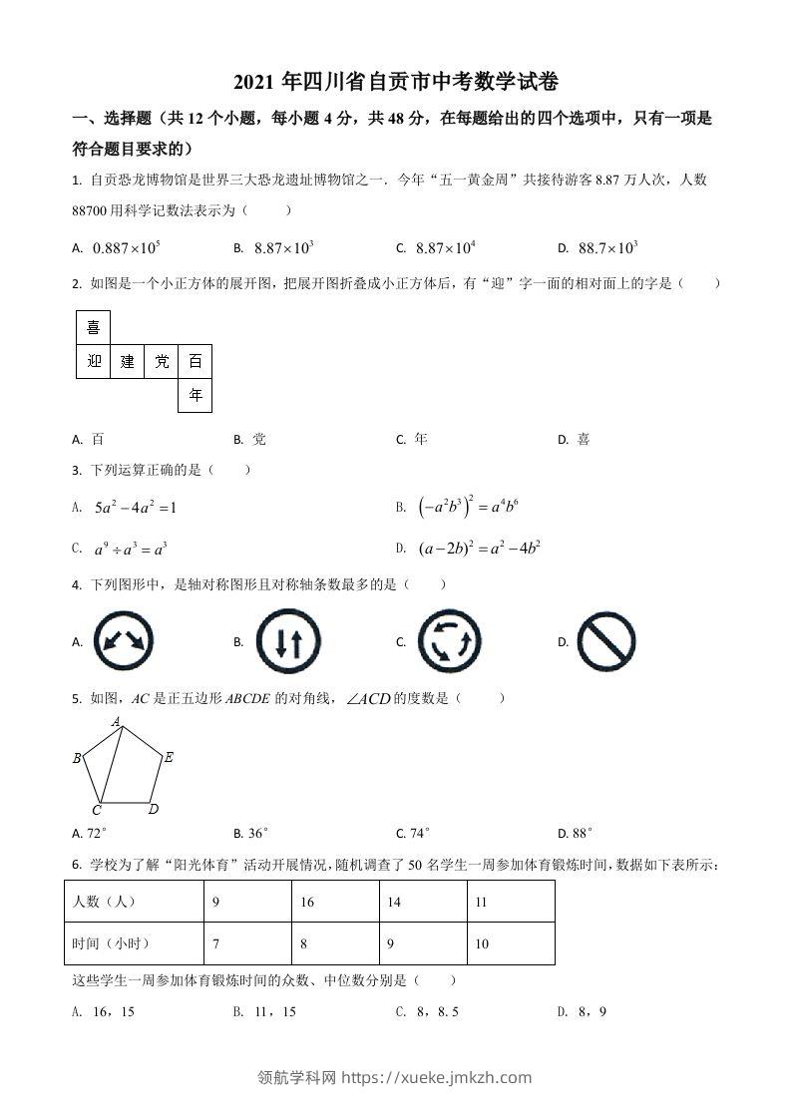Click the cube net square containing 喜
click(94, 327)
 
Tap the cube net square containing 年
click(196, 395)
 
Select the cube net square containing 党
click(162, 361)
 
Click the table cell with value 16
click(335, 902)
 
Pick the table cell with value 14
click(423, 902)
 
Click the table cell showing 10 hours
click(510, 943)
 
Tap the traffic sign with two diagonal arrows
click(124, 641)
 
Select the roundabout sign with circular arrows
click(450, 641)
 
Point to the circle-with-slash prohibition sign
click(606, 641)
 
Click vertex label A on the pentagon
click(117, 721)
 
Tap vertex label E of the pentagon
click(169, 758)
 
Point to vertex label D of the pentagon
click(154, 809)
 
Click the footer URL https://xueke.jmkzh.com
click(436, 1077)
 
